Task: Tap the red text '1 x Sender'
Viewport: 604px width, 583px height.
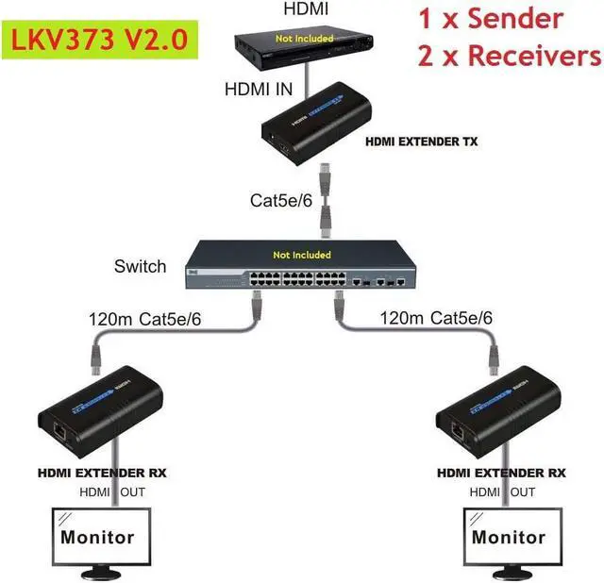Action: [x=490, y=19]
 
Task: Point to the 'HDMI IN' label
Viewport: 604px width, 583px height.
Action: [x=260, y=91]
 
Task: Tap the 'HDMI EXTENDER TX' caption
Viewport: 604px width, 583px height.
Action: [x=421, y=142]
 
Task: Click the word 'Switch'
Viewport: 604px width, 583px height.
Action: [x=140, y=266]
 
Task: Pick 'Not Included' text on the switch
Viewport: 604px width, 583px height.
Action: [x=302, y=255]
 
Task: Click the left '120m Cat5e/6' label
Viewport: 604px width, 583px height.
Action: [x=144, y=319]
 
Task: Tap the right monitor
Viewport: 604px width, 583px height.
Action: [x=509, y=539]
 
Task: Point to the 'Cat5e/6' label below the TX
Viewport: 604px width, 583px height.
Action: [x=280, y=200]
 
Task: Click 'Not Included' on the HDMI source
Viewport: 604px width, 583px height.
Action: [x=304, y=39]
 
